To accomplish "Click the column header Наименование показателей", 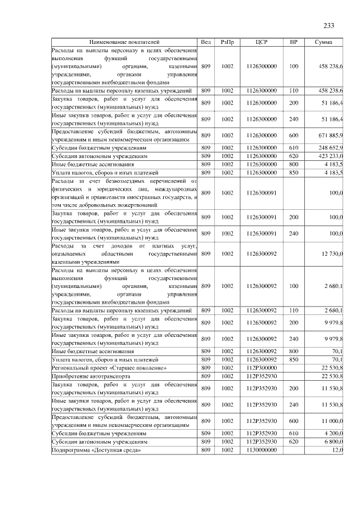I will click(x=124, y=42).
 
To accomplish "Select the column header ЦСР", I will click(x=261, y=42).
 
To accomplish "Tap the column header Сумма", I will click(x=323, y=42).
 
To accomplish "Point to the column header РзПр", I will click(x=227, y=42).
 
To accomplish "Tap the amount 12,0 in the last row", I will click(x=337, y=451).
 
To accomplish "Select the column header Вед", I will click(x=206, y=42).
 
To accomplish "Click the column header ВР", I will click(x=293, y=42).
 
